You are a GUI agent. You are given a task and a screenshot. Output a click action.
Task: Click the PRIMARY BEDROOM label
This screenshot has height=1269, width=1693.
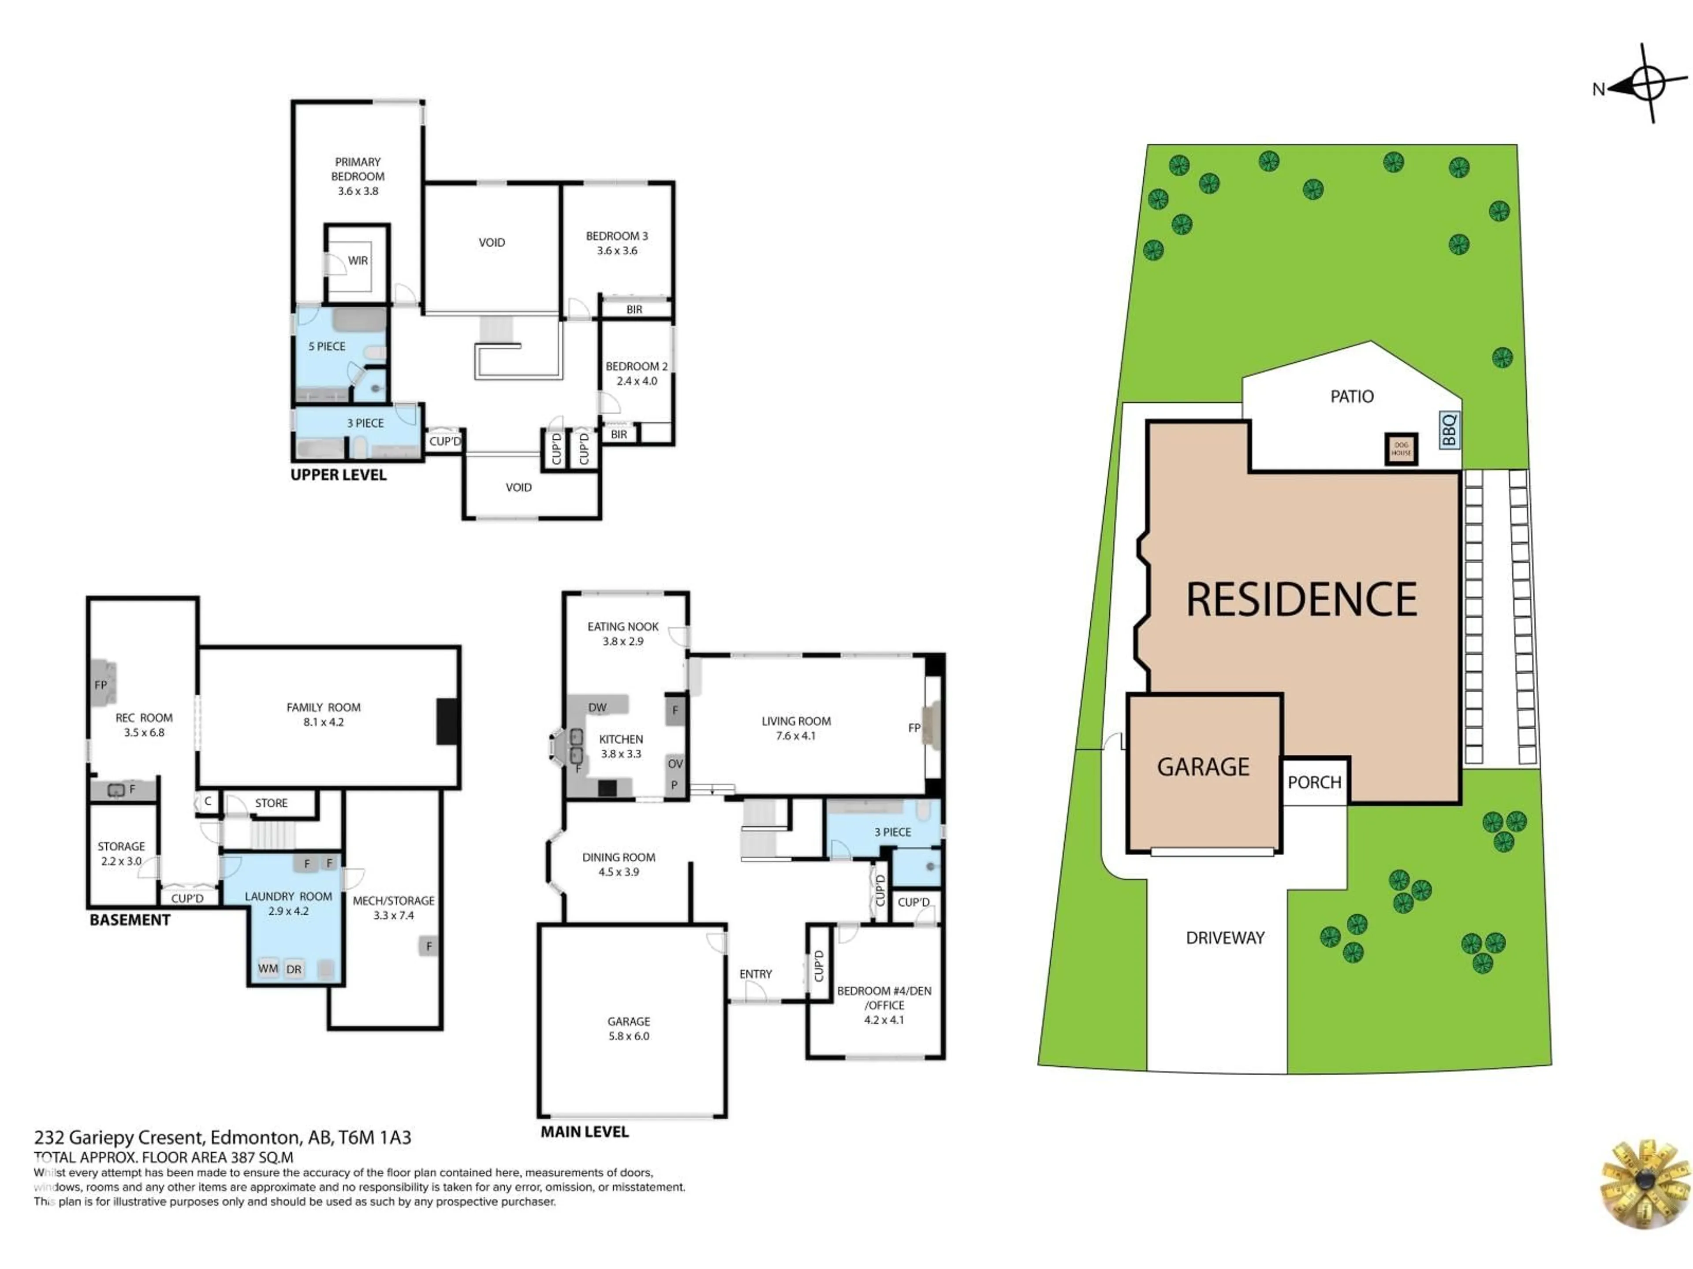(358, 169)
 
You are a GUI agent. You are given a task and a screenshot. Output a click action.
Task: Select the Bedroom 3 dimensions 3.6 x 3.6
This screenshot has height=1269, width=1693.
(617, 251)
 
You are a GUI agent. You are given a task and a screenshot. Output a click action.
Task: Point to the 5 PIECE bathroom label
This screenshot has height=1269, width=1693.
(327, 346)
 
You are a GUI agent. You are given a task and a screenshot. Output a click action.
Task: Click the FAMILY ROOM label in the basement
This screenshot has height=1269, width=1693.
(323, 708)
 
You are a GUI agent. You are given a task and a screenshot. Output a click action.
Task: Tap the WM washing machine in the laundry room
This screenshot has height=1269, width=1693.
(268, 968)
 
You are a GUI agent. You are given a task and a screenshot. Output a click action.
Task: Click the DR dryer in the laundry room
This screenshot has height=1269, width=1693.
(294, 969)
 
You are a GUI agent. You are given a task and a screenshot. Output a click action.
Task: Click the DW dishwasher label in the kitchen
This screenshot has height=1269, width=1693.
(597, 708)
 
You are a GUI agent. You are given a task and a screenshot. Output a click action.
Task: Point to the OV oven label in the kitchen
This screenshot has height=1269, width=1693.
(674, 764)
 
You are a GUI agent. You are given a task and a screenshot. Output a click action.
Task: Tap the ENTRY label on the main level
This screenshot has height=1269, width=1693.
(755, 974)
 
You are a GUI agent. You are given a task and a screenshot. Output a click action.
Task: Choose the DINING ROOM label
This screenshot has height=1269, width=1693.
(619, 857)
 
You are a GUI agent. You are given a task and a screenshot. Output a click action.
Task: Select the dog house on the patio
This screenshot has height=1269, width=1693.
(1401, 449)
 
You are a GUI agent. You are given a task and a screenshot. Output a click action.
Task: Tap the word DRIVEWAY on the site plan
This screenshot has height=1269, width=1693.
(1225, 938)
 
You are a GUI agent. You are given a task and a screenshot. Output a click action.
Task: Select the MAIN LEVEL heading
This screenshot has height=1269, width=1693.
(584, 1132)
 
